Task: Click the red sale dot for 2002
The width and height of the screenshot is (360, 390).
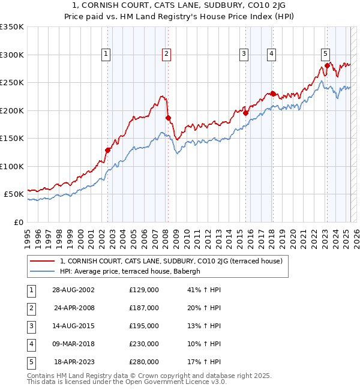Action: [x=108, y=150]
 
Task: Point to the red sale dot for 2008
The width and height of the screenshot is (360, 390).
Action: [x=169, y=118]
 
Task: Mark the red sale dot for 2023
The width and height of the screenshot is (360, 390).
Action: [x=327, y=65]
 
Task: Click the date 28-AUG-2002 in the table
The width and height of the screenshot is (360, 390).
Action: [x=73, y=290]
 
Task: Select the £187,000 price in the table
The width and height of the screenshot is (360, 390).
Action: [x=144, y=308]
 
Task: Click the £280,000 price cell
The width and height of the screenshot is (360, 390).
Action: [x=144, y=362]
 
